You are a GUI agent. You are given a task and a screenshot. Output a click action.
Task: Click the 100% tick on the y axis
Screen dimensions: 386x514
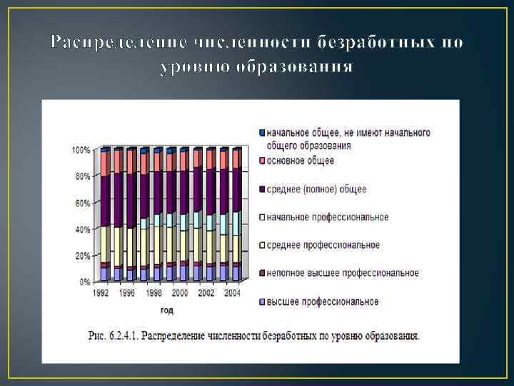click(x=81, y=150)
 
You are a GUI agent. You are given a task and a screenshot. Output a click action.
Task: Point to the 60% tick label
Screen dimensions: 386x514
click(x=82, y=203)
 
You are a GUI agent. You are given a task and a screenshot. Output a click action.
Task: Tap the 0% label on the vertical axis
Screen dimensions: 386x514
click(x=84, y=282)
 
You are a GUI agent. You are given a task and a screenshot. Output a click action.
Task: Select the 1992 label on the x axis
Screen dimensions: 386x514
click(x=101, y=293)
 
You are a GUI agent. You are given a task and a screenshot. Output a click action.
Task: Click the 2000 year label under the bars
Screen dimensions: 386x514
click(x=179, y=293)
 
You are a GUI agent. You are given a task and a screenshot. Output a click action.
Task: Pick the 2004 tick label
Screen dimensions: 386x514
click(x=231, y=293)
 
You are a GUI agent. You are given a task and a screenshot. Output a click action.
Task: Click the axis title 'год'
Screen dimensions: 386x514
click(x=166, y=310)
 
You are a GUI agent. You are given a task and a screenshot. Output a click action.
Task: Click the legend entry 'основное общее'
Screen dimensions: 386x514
click(x=300, y=161)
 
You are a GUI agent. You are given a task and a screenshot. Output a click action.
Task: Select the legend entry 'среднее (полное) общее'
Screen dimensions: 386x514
click(x=316, y=189)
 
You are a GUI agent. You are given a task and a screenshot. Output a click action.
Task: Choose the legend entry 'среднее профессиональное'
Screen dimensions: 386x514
click(x=323, y=245)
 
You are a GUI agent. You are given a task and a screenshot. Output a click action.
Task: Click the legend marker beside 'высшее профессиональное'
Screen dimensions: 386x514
click(x=262, y=302)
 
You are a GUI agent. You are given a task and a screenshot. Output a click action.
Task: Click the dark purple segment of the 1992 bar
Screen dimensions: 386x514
click(x=105, y=201)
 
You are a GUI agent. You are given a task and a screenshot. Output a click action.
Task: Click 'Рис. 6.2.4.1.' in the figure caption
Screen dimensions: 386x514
click(x=116, y=335)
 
